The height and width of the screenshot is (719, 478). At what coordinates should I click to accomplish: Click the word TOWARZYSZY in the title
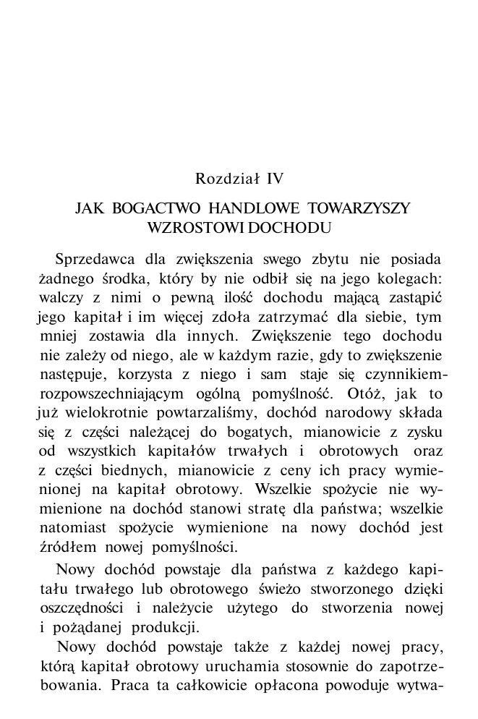pos(358,209)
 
